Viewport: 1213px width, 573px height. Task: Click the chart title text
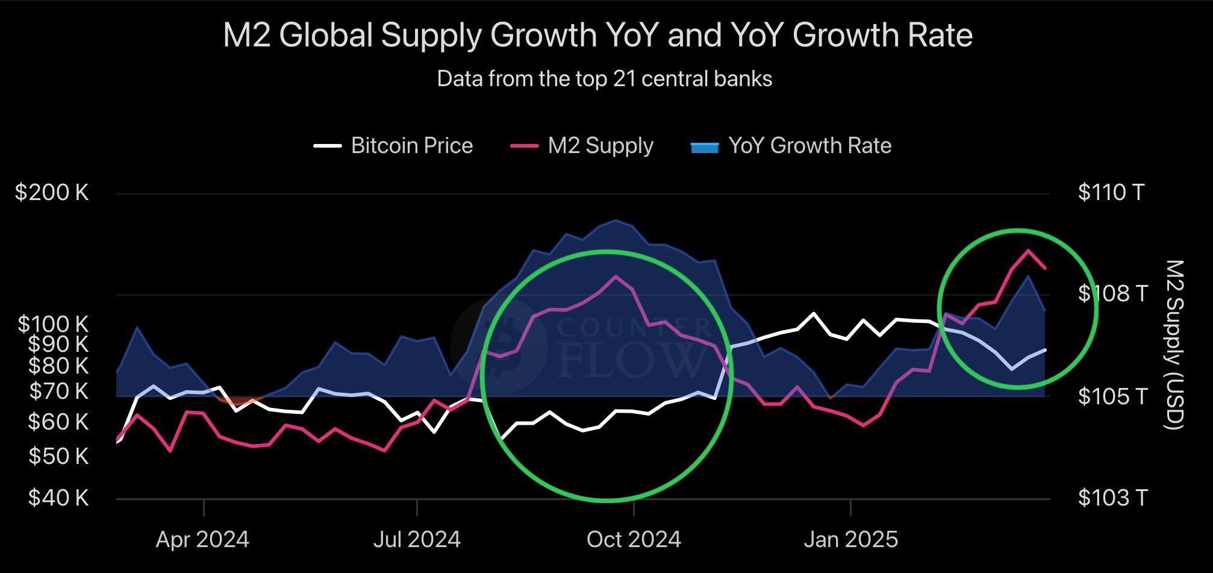[597, 35]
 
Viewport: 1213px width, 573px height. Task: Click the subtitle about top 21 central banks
[604, 79]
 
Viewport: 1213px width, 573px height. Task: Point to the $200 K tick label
[52, 193]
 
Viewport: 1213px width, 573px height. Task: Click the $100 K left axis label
[53, 324]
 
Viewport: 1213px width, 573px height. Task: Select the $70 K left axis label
[58, 392]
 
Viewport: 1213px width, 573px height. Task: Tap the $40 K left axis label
[58, 498]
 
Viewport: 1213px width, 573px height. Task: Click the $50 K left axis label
[58, 456]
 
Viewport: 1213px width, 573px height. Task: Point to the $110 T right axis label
[1111, 193]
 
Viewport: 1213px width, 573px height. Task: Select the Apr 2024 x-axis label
[202, 539]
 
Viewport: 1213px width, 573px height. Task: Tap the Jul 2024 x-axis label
[417, 539]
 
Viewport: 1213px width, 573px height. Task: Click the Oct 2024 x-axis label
[634, 539]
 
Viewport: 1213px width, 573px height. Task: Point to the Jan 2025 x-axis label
[850, 539]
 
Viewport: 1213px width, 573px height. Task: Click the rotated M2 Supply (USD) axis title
[1175, 345]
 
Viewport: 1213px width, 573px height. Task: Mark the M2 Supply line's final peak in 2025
[1027, 250]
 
